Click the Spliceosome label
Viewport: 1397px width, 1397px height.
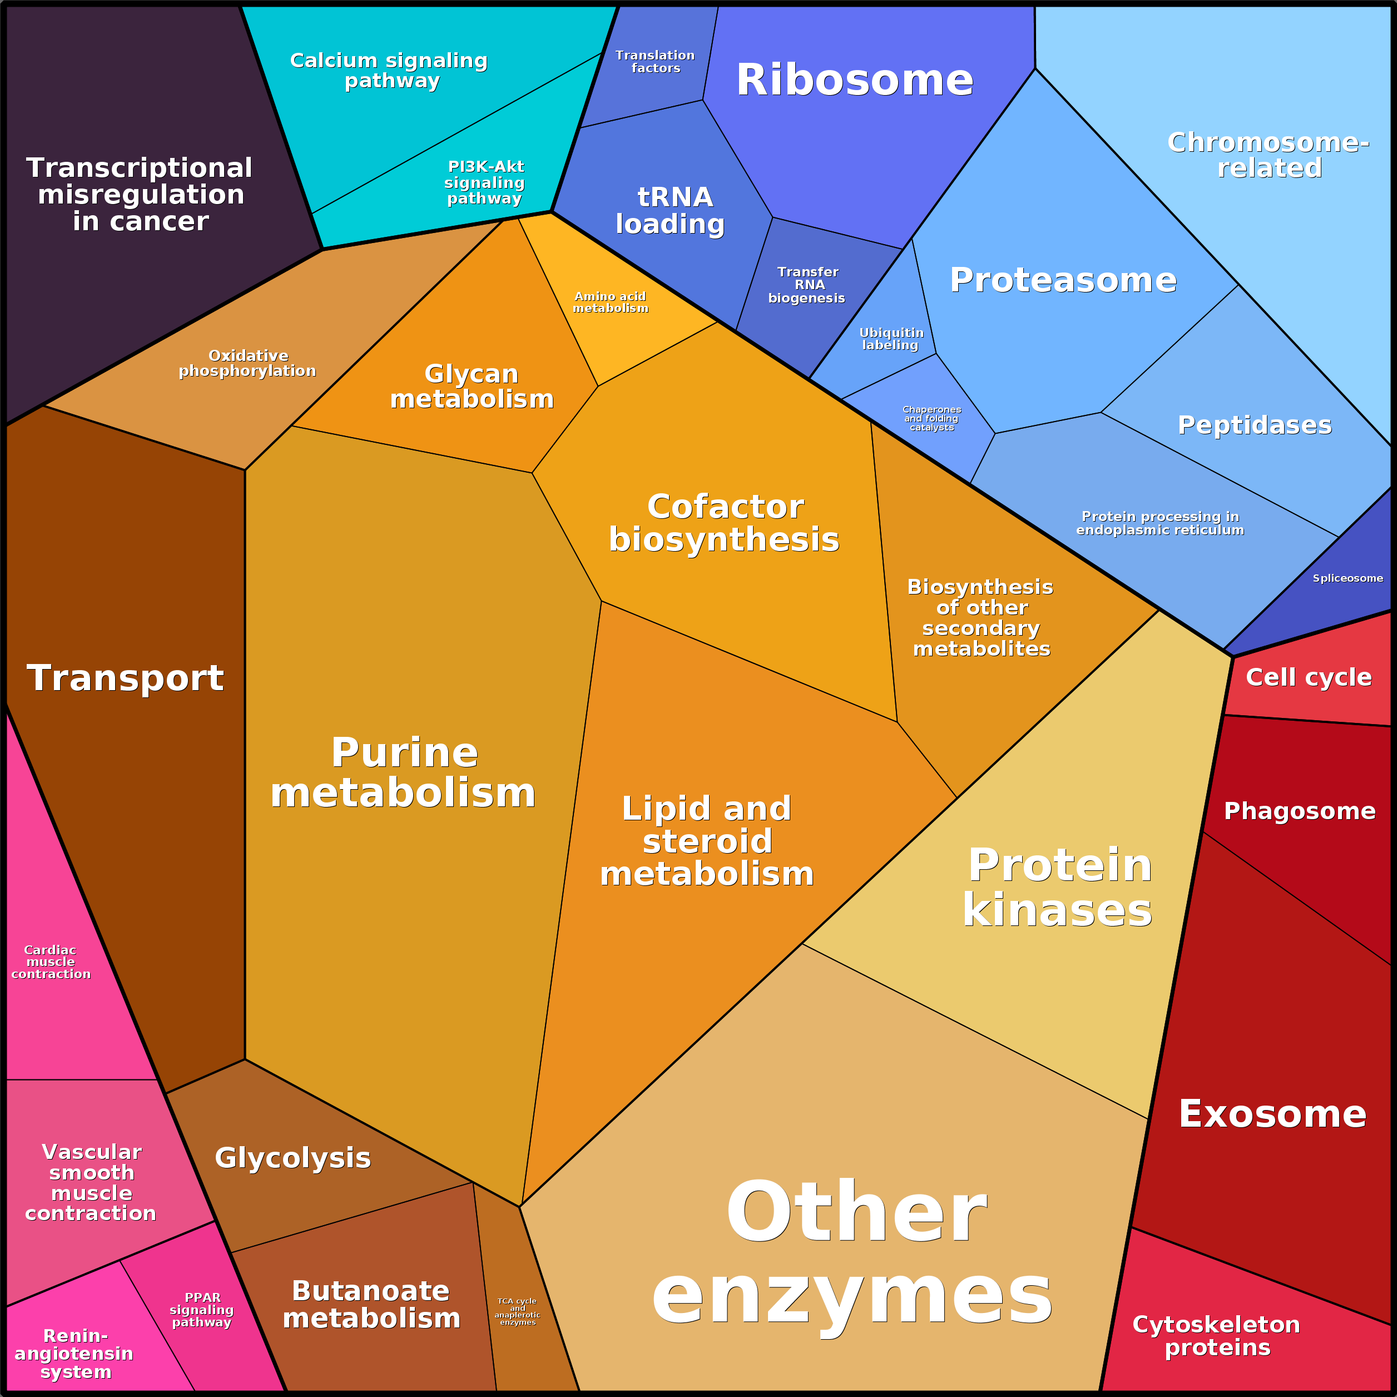(x=1347, y=578)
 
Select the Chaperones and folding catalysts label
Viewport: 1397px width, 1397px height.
(x=932, y=419)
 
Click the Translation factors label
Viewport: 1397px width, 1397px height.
(x=655, y=62)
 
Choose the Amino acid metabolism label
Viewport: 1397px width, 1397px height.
(x=610, y=302)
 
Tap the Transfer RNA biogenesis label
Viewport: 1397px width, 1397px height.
(x=807, y=285)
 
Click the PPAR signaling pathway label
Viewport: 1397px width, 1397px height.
(x=202, y=1310)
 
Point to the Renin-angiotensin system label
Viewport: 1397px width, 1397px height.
(x=75, y=1354)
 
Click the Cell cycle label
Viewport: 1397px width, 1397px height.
(x=1308, y=677)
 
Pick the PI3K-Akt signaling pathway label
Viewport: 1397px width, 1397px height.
(x=484, y=182)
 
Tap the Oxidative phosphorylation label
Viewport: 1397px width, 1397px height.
(x=247, y=363)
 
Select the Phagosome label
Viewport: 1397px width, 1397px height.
(x=1299, y=811)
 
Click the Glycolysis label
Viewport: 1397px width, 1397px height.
(x=293, y=1158)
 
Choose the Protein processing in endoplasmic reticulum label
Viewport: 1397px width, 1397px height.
(x=1160, y=523)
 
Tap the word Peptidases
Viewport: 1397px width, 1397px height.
(x=1255, y=425)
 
